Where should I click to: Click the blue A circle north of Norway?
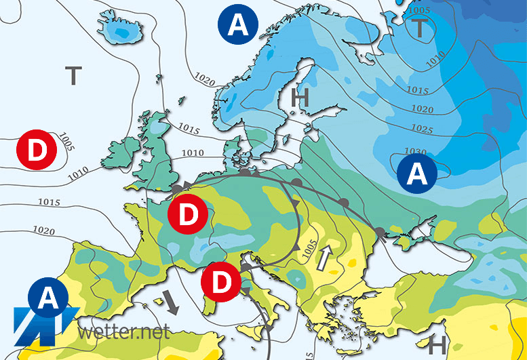(238, 26)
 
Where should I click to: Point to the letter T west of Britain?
(73, 75)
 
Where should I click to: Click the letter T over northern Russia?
(421, 28)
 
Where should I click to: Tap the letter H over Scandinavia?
(299, 98)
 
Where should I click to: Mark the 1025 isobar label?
(423, 129)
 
